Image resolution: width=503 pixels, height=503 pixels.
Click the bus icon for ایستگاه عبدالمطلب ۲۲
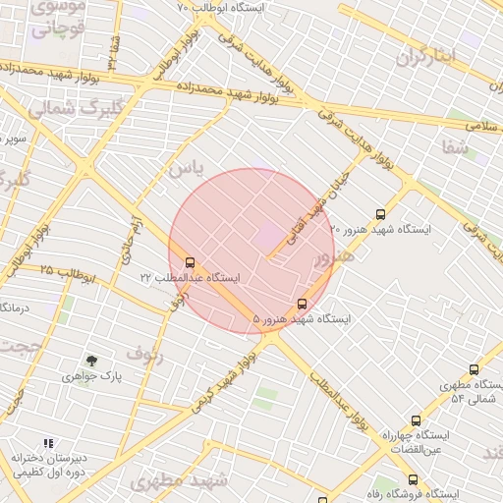[190, 262]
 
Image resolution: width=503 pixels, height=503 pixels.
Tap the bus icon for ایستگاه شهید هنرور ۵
[302, 304]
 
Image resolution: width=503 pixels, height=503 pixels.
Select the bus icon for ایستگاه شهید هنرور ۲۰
[381, 214]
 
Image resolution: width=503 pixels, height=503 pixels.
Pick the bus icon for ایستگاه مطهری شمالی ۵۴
[474, 370]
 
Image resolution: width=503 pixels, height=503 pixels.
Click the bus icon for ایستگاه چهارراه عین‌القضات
[416, 420]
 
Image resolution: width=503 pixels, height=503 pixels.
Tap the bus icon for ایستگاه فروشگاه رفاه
[413, 479]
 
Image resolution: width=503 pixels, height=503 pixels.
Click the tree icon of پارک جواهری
[91, 362]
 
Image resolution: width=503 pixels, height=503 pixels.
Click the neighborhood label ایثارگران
[427, 56]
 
